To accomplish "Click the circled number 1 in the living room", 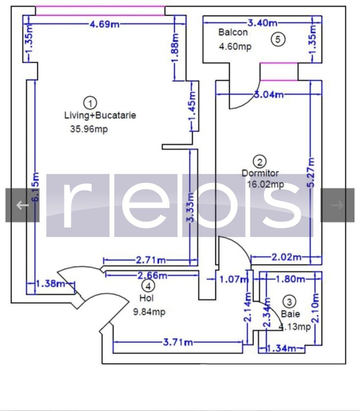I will pyautogui.click(x=90, y=102).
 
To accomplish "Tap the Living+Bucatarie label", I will pyautogui.click(x=100, y=115).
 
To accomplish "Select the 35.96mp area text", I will pyautogui.click(x=89, y=129).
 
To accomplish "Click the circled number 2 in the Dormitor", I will pyautogui.click(x=260, y=162).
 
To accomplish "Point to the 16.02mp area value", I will pyautogui.click(x=265, y=185).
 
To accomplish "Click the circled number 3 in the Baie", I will pyautogui.click(x=289, y=302).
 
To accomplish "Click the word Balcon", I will pyautogui.click(x=233, y=32).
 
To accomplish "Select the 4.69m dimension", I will pyautogui.click(x=104, y=24).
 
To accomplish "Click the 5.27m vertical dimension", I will pyautogui.click(x=312, y=172).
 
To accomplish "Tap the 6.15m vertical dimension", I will pyautogui.click(x=35, y=187).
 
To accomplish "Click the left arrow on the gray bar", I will pyautogui.click(x=22, y=205).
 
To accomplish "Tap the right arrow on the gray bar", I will pyautogui.click(x=337, y=205).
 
